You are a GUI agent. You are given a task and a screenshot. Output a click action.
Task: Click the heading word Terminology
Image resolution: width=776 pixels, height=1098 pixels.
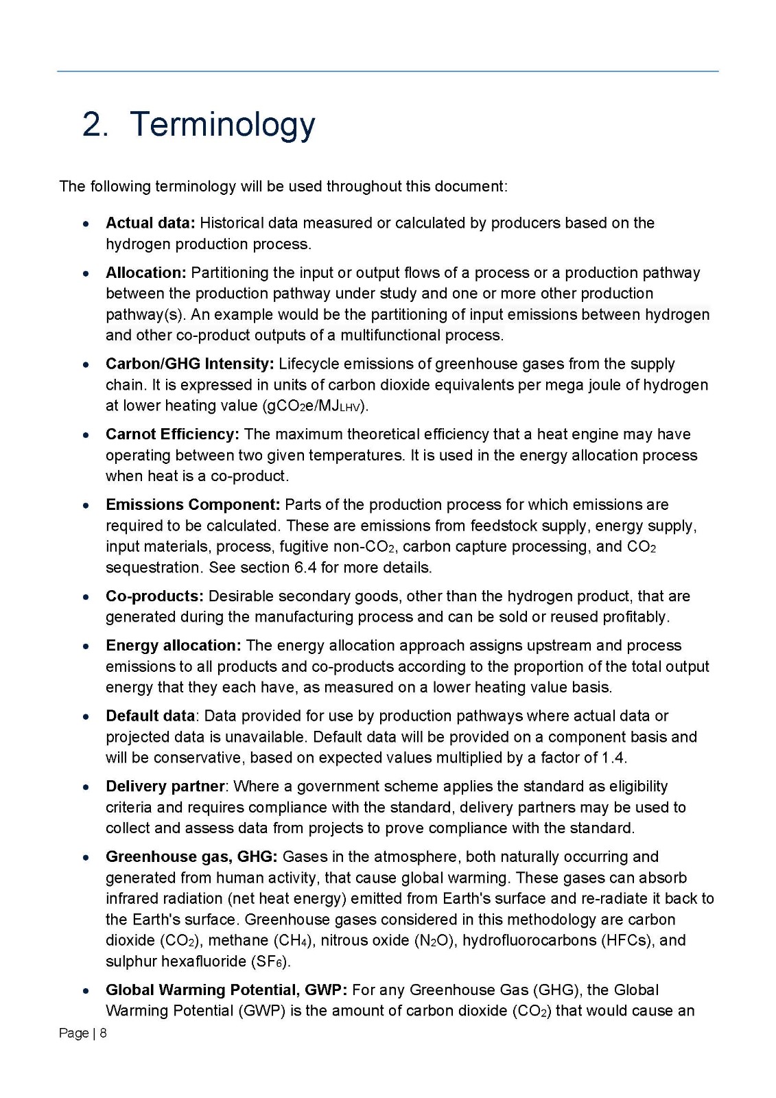(222, 125)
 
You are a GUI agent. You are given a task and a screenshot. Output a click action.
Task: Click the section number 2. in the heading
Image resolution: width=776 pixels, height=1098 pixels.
(95, 125)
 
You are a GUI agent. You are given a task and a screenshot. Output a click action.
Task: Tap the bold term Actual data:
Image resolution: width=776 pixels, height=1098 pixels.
(150, 223)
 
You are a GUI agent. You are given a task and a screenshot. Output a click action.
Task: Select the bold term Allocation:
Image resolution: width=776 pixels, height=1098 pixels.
(145, 272)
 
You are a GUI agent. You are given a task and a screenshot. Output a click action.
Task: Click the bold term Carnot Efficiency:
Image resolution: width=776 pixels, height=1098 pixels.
(172, 434)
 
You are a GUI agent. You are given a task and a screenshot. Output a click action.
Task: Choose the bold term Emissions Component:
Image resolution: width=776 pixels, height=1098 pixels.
(193, 505)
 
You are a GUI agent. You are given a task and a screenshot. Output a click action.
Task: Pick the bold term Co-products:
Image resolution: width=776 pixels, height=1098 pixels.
(154, 596)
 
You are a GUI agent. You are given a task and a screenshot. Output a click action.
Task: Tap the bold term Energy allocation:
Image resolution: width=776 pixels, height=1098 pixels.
(173, 646)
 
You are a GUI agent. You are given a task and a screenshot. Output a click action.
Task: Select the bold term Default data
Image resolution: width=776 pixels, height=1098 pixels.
(150, 716)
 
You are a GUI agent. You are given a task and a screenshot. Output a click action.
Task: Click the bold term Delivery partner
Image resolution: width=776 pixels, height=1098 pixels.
(165, 786)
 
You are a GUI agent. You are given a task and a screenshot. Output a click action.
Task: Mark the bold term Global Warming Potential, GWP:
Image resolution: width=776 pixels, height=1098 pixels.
(226, 990)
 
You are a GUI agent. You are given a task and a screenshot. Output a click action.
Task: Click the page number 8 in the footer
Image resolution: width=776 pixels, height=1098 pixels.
(104, 1033)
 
